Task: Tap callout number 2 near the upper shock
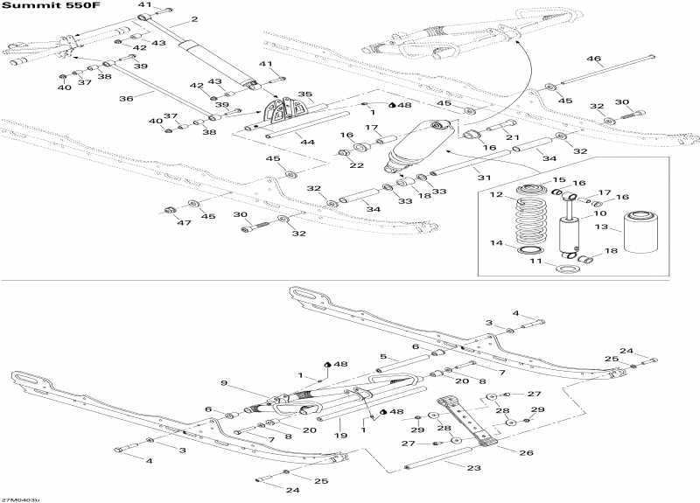[193, 19]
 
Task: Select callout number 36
[126, 99]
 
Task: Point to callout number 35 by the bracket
[304, 94]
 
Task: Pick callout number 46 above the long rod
[593, 59]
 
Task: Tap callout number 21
[512, 137]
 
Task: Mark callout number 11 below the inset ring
[495, 194]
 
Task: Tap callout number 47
[495, 243]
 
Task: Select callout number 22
[560, 179]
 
